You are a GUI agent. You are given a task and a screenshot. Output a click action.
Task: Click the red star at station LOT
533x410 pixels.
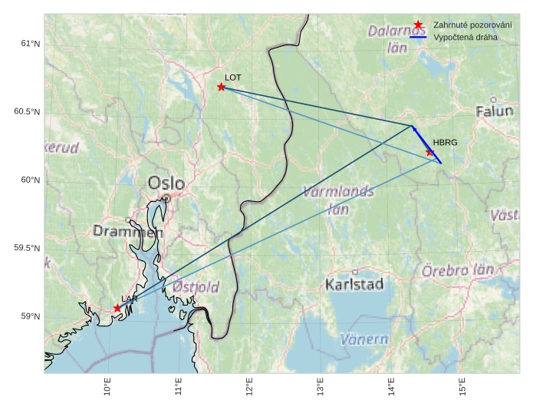coord(221,87)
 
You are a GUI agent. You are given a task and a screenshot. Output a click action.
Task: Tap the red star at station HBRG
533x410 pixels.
coord(430,152)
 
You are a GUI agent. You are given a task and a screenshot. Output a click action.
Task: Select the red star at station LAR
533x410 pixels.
coord(117,308)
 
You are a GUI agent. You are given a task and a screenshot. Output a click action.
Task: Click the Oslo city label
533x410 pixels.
coord(166,184)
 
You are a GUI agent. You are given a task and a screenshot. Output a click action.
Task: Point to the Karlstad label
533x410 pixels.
coord(354,285)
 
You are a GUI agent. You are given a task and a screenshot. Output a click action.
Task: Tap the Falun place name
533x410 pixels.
coord(494,111)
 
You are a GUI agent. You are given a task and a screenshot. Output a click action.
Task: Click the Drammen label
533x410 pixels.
coord(128,231)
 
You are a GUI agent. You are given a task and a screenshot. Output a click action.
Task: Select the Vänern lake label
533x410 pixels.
coord(364,339)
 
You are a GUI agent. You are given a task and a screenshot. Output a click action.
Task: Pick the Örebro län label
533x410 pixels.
coord(458,270)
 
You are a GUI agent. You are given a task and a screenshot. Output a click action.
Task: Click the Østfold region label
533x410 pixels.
coord(196,286)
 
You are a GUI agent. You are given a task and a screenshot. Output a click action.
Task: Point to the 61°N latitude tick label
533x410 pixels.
coord(30,44)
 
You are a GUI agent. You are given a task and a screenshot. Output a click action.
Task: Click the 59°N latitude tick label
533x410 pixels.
coord(30,316)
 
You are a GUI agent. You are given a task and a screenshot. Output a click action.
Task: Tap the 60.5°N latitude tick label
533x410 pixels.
coord(27,112)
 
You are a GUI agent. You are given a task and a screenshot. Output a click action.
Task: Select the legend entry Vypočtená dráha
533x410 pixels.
coord(465,36)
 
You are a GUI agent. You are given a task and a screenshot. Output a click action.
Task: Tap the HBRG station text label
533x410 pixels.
coord(445,143)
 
